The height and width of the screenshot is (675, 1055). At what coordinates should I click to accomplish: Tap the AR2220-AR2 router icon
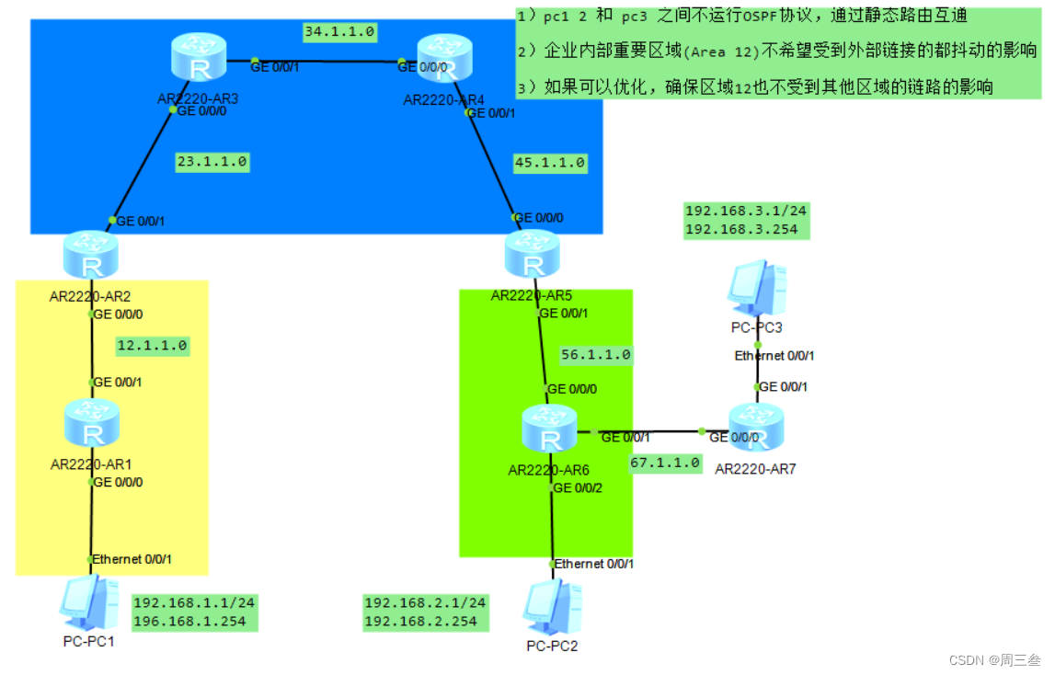[x=91, y=257]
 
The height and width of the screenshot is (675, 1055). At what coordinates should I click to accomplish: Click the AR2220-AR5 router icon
[x=533, y=255]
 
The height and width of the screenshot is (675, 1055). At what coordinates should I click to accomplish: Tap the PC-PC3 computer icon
[x=757, y=288]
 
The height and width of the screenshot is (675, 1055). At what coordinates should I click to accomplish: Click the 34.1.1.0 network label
[x=339, y=32]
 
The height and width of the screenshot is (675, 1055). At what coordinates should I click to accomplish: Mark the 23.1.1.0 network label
[x=212, y=162]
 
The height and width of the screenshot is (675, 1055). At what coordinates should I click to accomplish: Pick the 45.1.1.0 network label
[x=550, y=163]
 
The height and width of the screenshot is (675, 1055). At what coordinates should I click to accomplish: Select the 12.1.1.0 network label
[x=152, y=347]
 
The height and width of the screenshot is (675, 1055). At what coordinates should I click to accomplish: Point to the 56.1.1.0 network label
[x=596, y=355]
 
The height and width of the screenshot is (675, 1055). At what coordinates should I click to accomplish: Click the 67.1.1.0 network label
[x=666, y=463]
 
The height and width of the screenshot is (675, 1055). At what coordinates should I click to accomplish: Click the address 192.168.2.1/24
[x=425, y=603]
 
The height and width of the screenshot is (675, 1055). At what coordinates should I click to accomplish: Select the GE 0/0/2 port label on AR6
[x=578, y=487]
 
